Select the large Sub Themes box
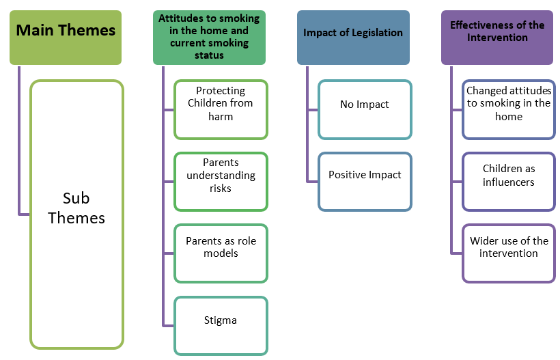coord(77,214)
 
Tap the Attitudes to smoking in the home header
coord(209,38)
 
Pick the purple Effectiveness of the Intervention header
coord(496,38)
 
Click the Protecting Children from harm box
coord(221,109)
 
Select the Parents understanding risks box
coord(221,181)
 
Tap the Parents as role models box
coord(221,253)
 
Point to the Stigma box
coord(221,325)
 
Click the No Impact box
coord(365,109)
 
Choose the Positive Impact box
coord(365,181)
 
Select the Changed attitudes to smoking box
coord(508,109)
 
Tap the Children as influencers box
coord(508,181)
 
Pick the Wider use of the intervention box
coord(508,253)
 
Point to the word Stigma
coord(221,320)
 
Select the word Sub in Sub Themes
coord(76,198)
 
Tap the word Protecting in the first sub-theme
coord(221,91)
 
